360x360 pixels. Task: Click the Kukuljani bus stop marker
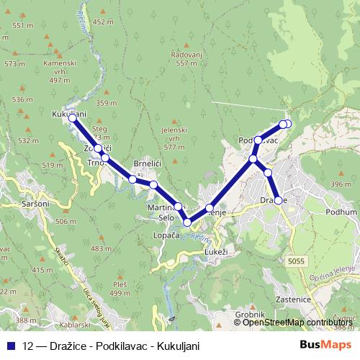(73, 117)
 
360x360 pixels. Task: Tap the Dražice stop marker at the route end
(279, 200)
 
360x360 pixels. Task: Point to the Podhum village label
(341, 212)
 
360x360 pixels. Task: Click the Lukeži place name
(216, 252)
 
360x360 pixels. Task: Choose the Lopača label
(166, 235)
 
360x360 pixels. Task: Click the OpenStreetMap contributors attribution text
(297, 322)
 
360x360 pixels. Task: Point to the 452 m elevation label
(104, 22)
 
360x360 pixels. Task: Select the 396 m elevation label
(341, 185)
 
